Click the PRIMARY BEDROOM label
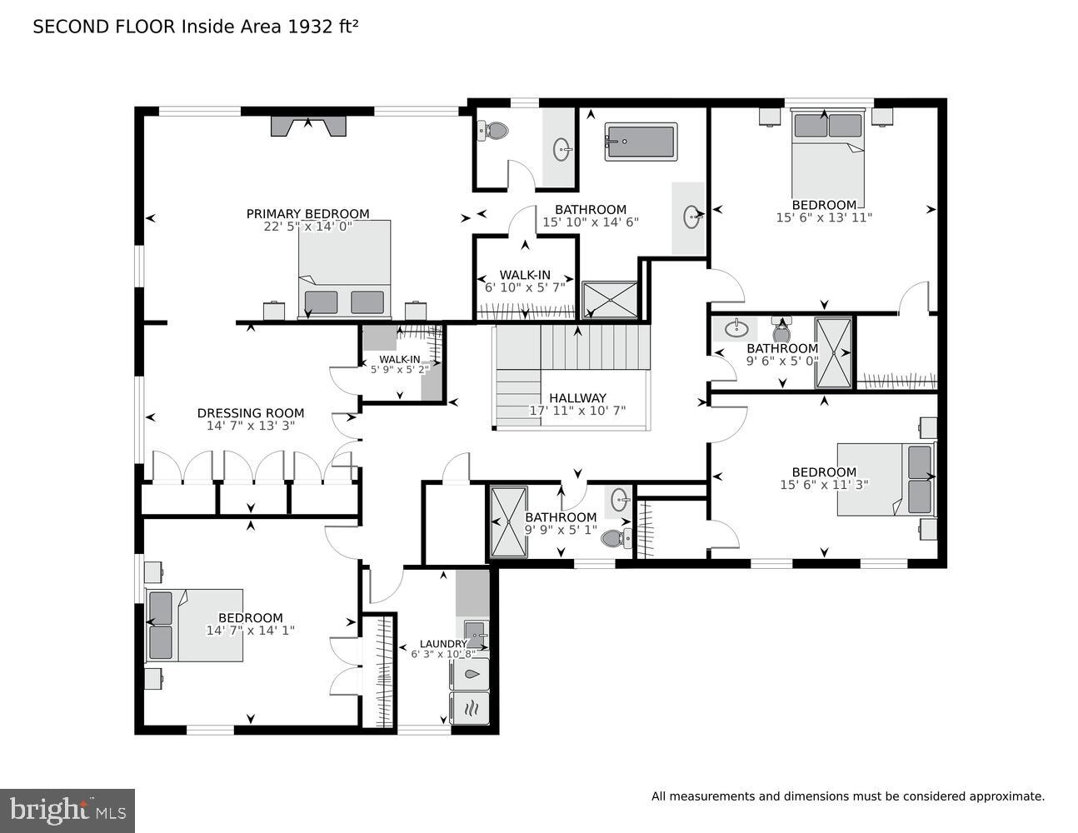click(307, 214)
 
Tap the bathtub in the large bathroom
click(641, 142)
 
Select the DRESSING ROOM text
click(250, 413)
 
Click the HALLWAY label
click(577, 398)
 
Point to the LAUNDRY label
click(442, 644)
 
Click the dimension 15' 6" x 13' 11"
click(823, 217)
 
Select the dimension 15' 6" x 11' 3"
click(823, 484)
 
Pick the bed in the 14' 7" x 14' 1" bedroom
click(195, 626)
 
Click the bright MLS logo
click(67, 811)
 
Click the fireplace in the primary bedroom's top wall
click(308, 126)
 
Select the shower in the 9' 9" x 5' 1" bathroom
click(508, 522)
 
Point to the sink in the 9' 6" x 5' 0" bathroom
click(736, 329)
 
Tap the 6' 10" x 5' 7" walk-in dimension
click(524, 287)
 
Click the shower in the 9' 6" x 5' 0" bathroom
click(834, 352)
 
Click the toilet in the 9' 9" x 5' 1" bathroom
click(614, 538)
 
